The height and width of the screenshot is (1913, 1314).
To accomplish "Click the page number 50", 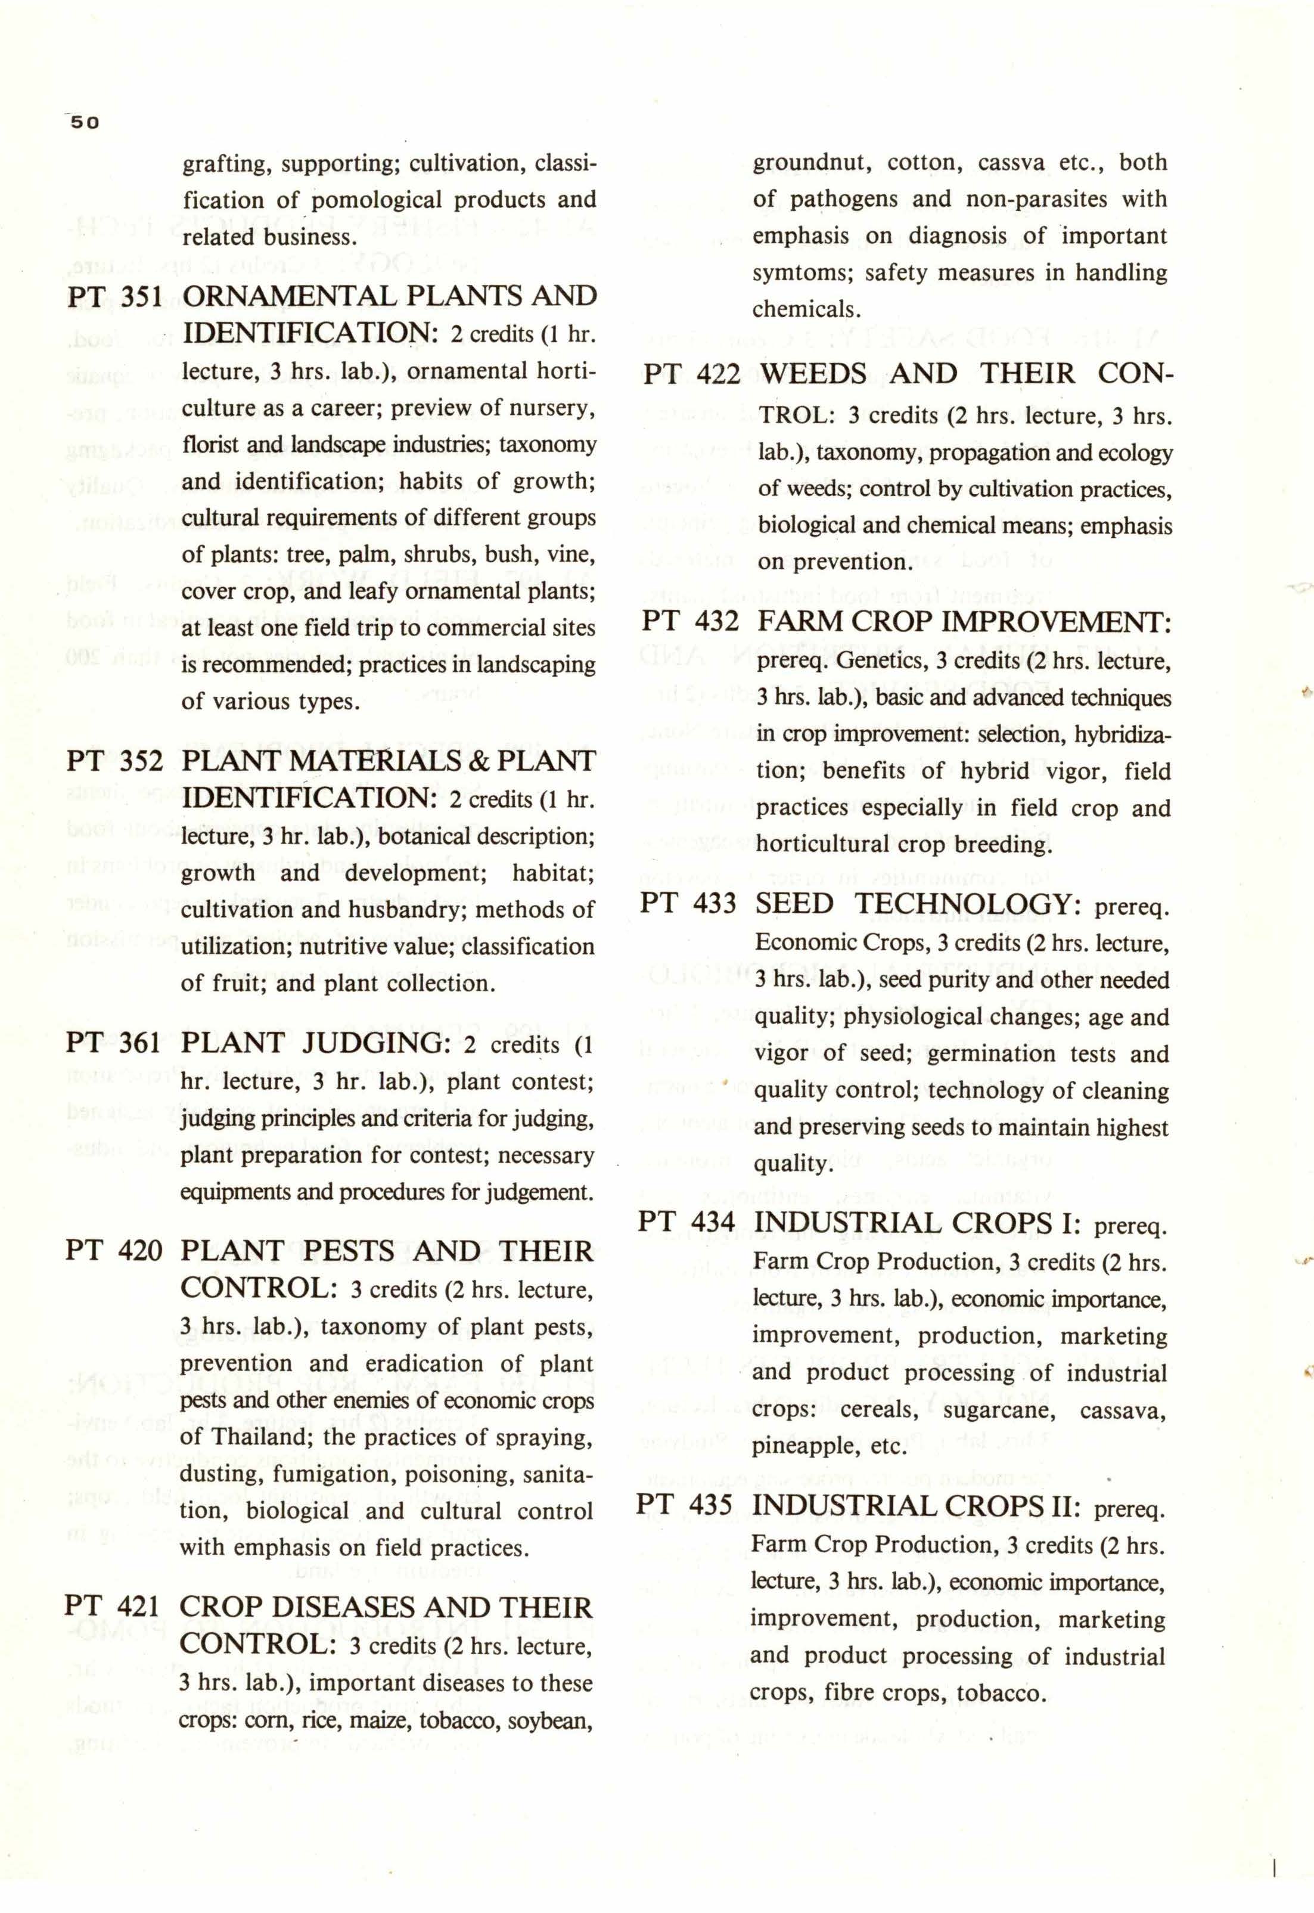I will pos(84,123).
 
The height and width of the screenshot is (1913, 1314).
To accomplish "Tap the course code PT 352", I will pos(114,761).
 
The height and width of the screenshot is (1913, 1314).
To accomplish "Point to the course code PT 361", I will pos(114,1043).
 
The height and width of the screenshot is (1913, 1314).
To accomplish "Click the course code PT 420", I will pos(114,1252).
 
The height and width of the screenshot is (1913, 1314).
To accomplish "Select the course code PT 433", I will pos(689,903).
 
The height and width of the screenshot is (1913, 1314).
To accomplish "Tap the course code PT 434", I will pos(688,1221).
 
